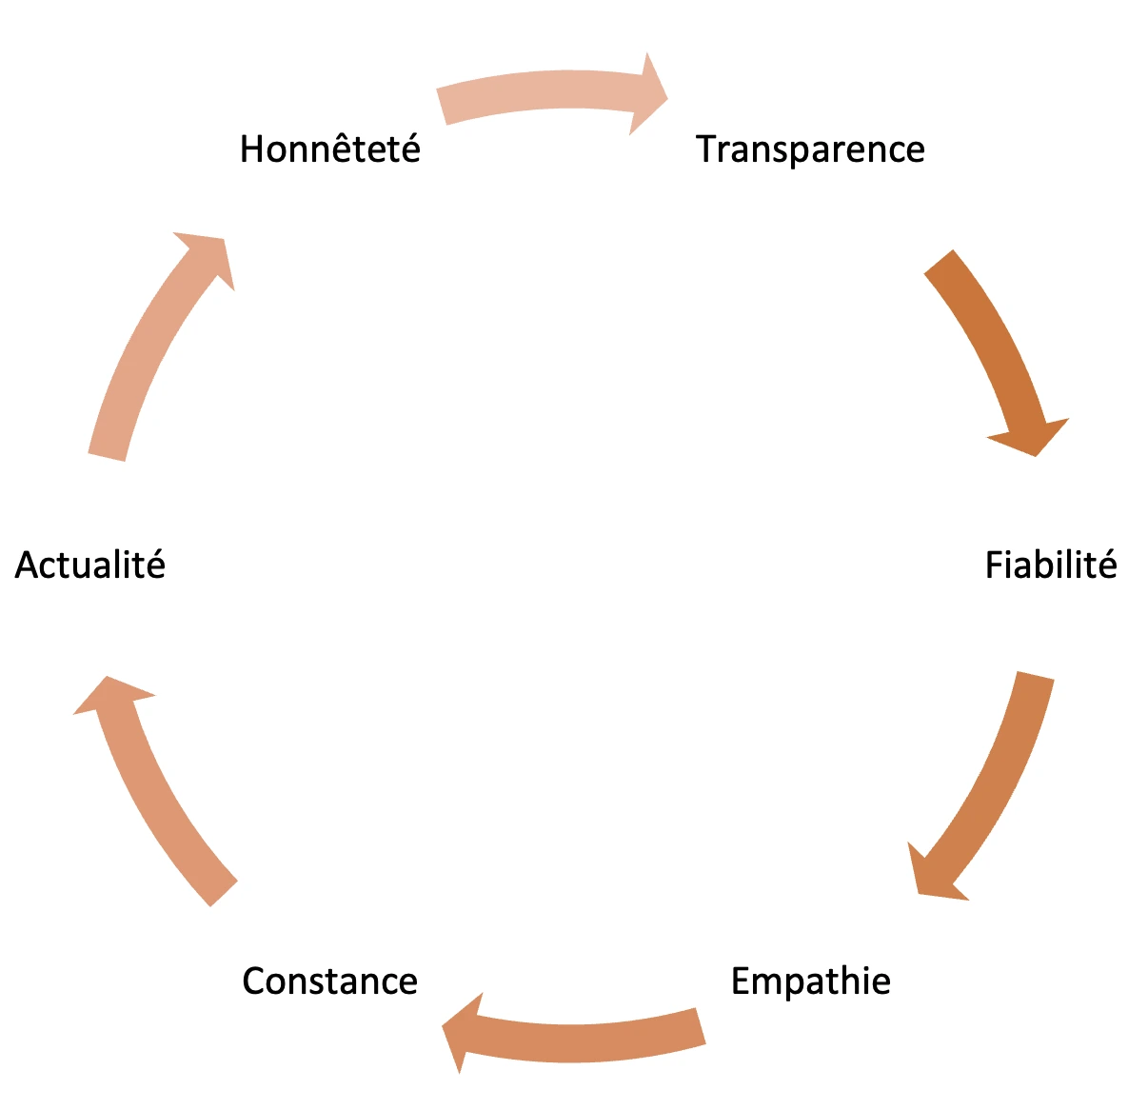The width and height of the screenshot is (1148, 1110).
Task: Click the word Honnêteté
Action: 329,149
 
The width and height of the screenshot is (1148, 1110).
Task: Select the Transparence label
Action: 810,149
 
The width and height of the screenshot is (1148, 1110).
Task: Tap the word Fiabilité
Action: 1051,565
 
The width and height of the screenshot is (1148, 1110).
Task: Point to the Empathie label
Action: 811,981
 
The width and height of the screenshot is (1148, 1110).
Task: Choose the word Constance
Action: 329,981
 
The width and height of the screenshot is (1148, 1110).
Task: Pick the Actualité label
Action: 89,565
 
